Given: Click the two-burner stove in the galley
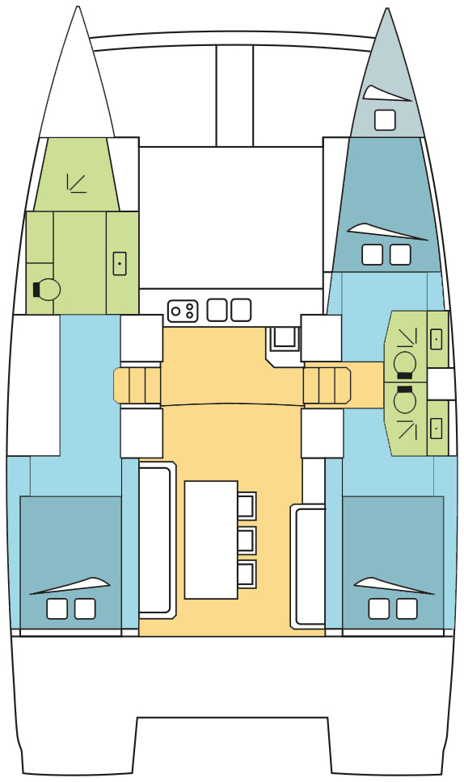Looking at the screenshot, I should [x=182, y=310].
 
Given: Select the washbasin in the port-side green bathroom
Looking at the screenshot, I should [x=119, y=263].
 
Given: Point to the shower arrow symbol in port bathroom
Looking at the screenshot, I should [x=77, y=183].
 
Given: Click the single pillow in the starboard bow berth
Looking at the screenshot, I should [x=385, y=120].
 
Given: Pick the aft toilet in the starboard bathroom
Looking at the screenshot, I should [x=404, y=399].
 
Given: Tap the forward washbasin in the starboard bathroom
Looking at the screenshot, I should [x=437, y=340].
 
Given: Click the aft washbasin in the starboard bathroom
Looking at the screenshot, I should [x=437, y=427].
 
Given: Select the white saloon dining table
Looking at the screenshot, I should [x=211, y=539].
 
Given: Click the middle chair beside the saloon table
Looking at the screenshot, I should [x=247, y=539].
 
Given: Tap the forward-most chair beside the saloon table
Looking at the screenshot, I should [x=247, y=505].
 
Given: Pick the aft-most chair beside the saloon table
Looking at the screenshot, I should [x=247, y=573].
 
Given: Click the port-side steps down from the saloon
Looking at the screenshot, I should [x=137, y=384].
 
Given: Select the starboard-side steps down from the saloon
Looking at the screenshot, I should [x=327, y=384].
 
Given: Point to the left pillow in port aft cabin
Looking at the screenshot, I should [x=57, y=608].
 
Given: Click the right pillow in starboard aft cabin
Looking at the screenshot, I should [x=407, y=608].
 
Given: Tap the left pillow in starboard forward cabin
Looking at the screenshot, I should [x=372, y=255].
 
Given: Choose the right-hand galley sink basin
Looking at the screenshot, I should [x=241, y=310].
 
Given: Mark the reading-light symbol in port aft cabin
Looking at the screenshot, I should [x=71, y=586].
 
